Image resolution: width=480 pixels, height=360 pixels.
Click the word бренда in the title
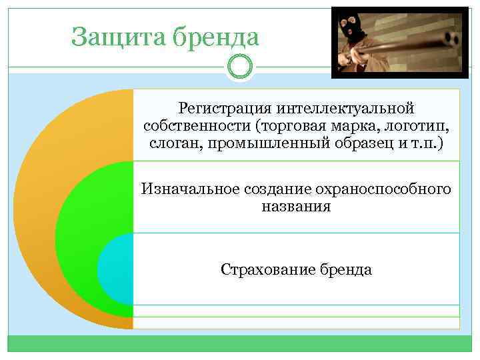215,37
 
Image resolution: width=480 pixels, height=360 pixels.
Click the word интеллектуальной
338,108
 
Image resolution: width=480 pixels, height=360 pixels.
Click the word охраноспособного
388,189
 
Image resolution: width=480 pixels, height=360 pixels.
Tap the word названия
295,207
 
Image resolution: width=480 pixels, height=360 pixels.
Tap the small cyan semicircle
115,270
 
